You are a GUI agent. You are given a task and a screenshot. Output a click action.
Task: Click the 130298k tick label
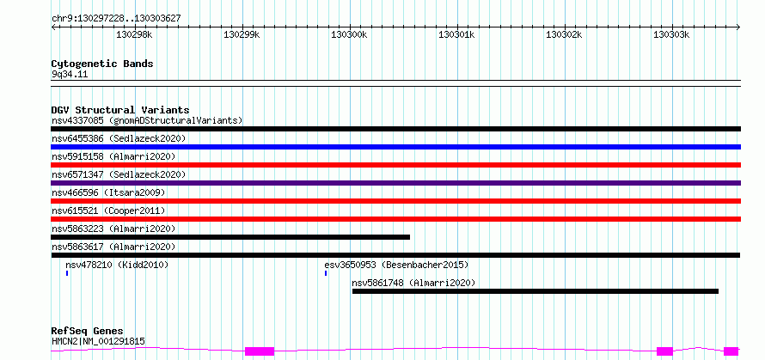coord(135,35)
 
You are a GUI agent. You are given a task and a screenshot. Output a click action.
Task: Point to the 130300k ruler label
coord(349,35)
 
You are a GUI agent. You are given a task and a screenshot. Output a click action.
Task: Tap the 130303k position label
coord(671,35)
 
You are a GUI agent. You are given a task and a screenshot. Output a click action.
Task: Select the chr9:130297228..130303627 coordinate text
coord(116,18)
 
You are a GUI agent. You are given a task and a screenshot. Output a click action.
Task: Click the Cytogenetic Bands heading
coord(102,64)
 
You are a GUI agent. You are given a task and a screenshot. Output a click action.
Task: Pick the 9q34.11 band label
coord(70,75)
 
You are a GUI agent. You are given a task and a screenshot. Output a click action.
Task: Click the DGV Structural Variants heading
coord(120,110)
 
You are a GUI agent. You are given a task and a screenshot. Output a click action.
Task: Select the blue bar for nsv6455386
coord(395,147)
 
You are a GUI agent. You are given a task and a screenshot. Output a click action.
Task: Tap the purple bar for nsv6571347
coord(395,183)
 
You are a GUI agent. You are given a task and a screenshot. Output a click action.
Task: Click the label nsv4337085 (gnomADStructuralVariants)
coord(147,120)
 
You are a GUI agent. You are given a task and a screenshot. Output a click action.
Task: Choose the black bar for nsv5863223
coord(230,237)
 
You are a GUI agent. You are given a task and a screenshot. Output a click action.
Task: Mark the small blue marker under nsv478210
coord(67,273)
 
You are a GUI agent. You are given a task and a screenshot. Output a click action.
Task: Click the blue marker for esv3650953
coord(326,273)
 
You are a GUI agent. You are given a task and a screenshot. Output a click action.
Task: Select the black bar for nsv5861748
coord(535,291)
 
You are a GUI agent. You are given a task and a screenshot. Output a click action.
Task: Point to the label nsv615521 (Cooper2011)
coord(108,211)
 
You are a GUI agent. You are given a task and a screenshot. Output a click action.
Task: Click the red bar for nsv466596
coord(395,201)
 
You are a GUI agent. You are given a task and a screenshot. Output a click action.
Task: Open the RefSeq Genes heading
coord(88,332)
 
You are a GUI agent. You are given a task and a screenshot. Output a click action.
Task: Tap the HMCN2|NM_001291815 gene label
coord(98,341)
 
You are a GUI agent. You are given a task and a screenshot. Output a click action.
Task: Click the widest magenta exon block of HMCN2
coord(260,351)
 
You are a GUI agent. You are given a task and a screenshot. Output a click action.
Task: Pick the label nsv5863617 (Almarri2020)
coord(113,247)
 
